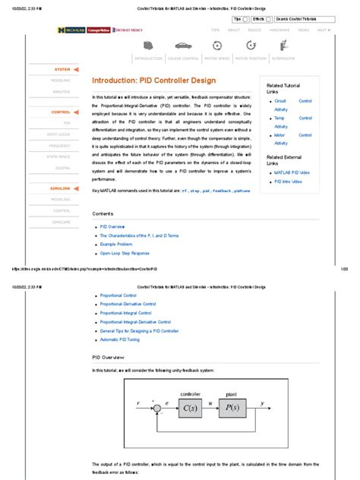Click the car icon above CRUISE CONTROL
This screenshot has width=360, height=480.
tap(183, 46)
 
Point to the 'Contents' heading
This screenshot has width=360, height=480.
tap(103, 214)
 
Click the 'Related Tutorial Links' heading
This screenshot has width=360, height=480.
tap(283, 88)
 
